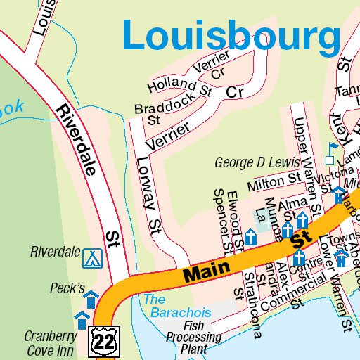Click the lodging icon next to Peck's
pos(91,300)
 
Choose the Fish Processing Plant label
pos(193,337)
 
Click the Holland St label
pos(179,86)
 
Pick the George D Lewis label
pos(257,162)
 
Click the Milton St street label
pos(274,182)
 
